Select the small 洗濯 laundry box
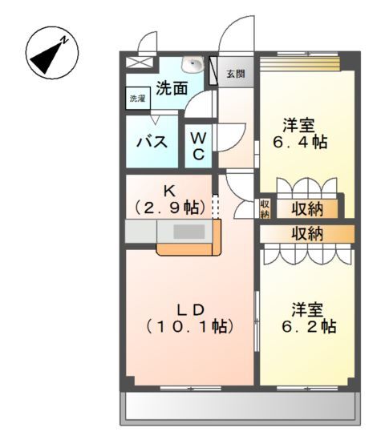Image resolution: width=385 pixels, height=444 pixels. click(x=138, y=99)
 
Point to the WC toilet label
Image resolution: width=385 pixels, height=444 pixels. click(x=197, y=145)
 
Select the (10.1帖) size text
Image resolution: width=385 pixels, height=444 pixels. click(x=190, y=326)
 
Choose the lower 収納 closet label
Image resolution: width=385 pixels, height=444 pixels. click(x=307, y=234)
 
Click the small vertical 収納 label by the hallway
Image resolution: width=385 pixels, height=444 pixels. click(x=265, y=208)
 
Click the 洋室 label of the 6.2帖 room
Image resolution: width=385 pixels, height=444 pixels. click(x=307, y=309)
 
